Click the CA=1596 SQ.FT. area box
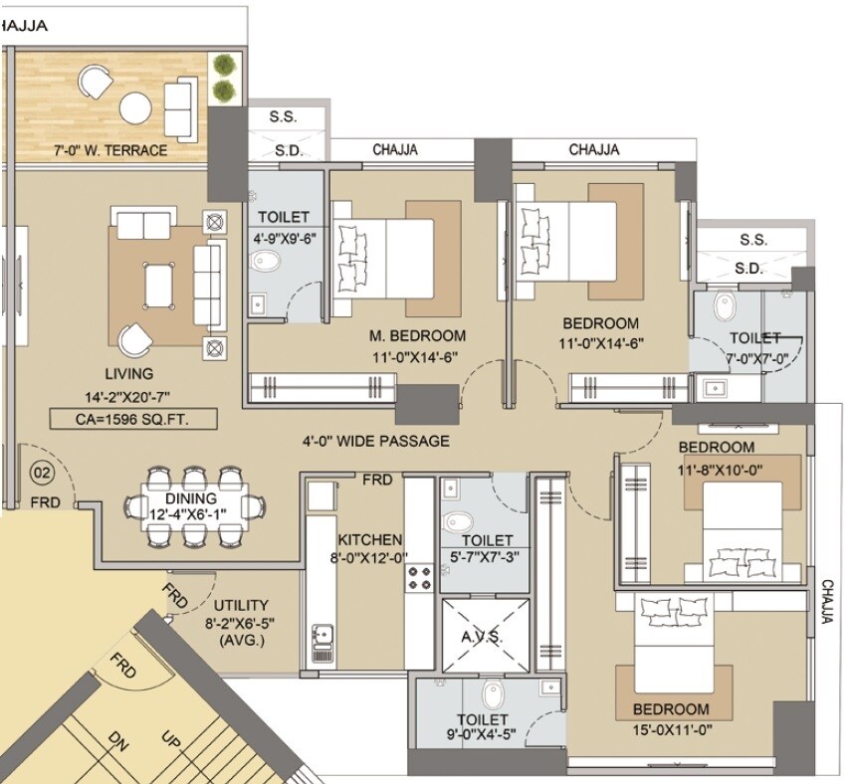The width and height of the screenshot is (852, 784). pos(132,419)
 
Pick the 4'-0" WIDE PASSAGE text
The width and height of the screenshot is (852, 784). pos(376,441)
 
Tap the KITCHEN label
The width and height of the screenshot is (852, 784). pos(369,538)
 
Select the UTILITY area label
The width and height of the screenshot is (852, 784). pos(242,605)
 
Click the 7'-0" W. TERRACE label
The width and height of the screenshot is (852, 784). pos(110,151)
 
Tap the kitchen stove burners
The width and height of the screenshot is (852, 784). pos(419,576)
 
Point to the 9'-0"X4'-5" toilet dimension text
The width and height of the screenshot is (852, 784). pos(483,737)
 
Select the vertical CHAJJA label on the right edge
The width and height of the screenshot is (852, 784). pos(827,601)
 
